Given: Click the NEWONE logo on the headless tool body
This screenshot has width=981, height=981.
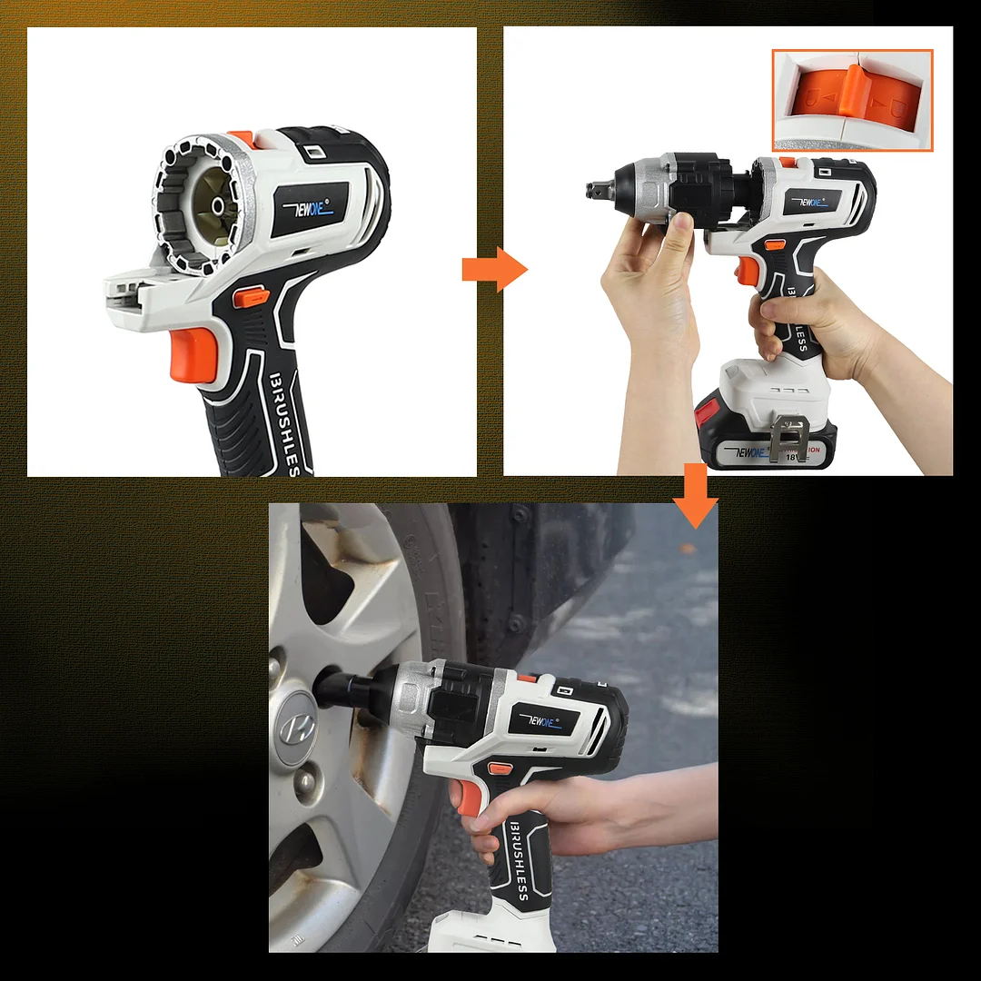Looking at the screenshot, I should coord(310,210).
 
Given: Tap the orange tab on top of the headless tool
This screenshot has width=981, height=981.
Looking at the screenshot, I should coord(242,138).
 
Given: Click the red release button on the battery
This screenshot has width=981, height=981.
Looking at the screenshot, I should coord(707,412).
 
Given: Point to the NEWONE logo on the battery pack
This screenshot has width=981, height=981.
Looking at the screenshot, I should coord(752,451).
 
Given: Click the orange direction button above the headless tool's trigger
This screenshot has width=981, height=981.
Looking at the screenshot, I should coord(250,296).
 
